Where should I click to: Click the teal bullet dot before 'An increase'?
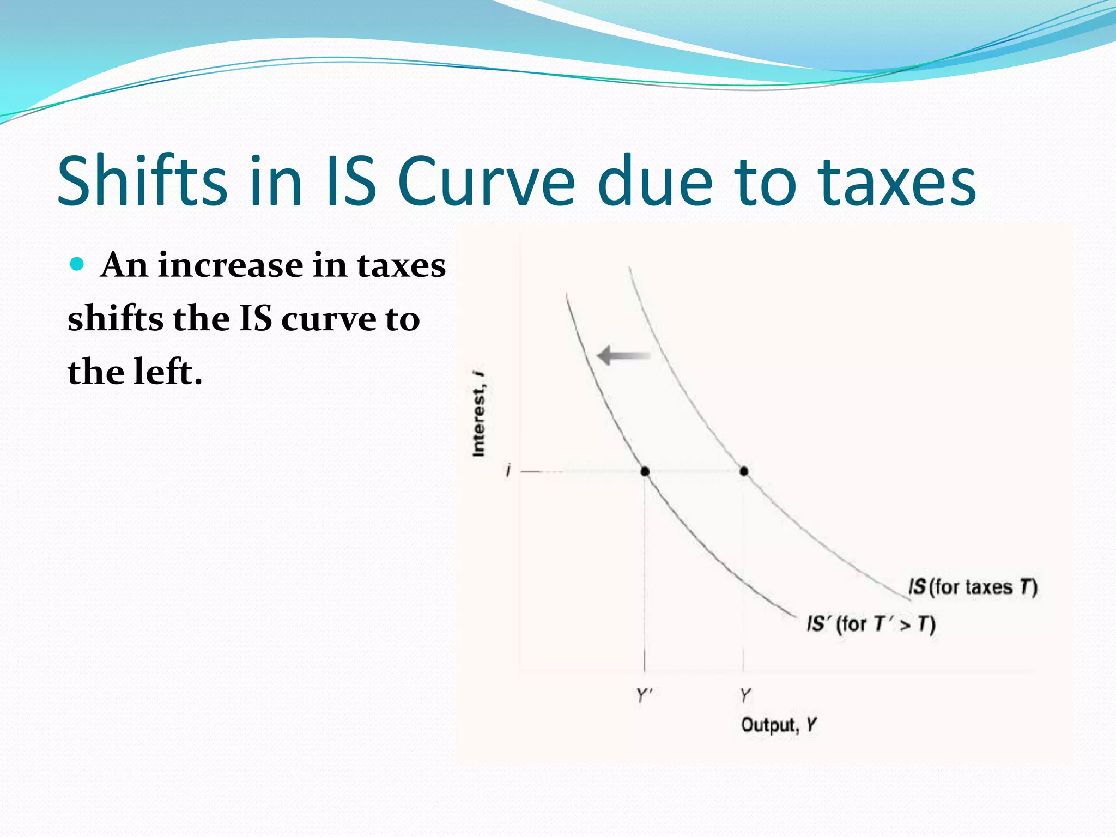click(x=77, y=265)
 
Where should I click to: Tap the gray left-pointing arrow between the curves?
click(x=623, y=356)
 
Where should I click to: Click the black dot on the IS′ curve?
click(x=645, y=471)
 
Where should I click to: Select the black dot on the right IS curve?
click(x=744, y=471)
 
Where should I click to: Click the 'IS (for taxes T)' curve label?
click(x=972, y=587)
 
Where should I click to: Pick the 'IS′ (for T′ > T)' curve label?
click(x=871, y=623)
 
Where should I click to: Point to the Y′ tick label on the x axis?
click(x=645, y=695)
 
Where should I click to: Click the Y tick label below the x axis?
click(x=745, y=695)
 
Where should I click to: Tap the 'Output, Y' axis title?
click(x=779, y=725)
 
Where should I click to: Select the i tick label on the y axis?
click(x=508, y=470)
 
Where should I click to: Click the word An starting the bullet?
click(x=124, y=265)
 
